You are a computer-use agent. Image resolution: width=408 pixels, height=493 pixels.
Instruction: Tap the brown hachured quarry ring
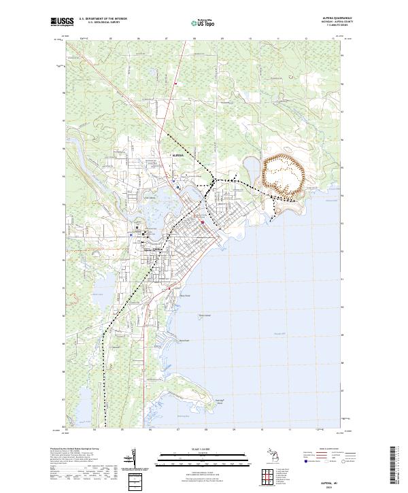coord(282,175)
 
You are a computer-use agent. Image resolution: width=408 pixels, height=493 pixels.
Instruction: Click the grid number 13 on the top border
coord(334,39)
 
